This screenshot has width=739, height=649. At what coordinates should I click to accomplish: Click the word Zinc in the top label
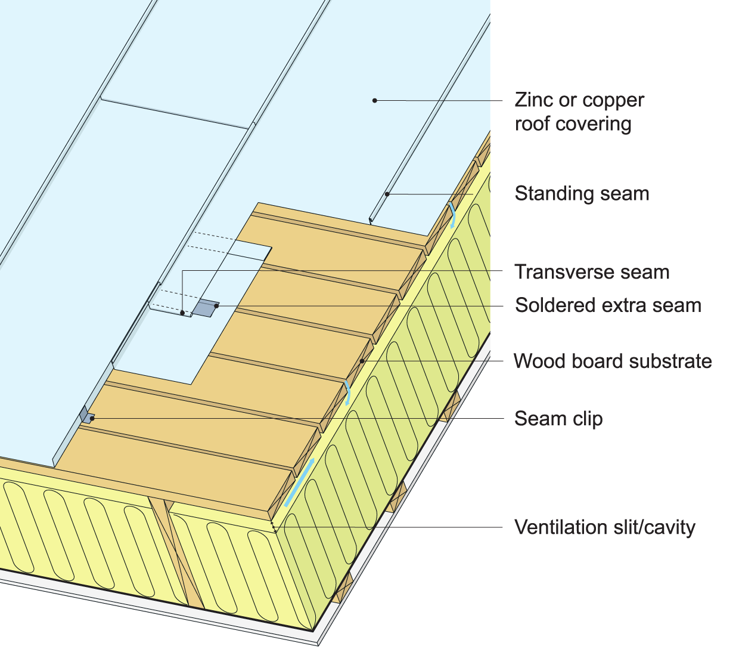(x=534, y=100)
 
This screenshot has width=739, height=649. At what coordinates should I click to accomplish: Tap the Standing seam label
(x=582, y=194)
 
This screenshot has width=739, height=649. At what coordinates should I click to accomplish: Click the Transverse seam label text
(x=592, y=272)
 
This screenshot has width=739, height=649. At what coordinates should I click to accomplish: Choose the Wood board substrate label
(x=613, y=361)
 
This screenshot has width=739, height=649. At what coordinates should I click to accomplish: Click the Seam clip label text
(x=558, y=419)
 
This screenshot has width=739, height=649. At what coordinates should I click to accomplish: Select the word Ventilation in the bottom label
(x=561, y=527)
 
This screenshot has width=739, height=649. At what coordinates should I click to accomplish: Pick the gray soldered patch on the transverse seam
(x=204, y=308)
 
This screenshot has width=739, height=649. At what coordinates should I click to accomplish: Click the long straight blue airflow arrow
(x=300, y=483)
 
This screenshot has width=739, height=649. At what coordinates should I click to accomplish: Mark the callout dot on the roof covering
(x=375, y=100)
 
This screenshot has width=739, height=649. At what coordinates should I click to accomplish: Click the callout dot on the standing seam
(x=387, y=194)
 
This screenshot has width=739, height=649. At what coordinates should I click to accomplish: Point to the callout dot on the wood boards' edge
(x=362, y=361)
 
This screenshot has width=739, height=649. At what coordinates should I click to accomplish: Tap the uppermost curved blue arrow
(x=454, y=215)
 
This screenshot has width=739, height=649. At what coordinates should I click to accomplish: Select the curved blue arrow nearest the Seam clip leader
(x=347, y=393)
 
